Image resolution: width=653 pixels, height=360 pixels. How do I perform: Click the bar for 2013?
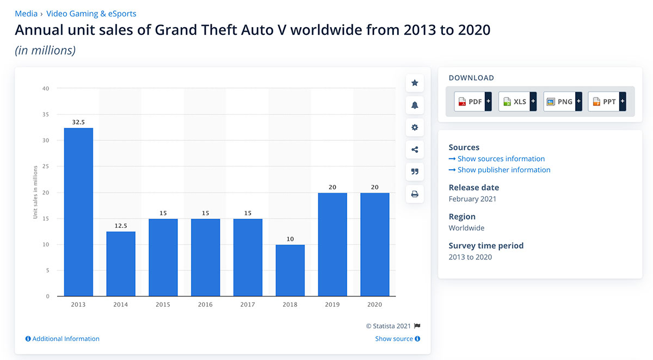pos(78,212)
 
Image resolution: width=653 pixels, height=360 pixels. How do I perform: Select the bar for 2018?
pos(290,270)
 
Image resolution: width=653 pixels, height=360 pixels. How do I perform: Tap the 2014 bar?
pos(121,264)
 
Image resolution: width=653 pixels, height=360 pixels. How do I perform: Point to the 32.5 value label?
pos(78,122)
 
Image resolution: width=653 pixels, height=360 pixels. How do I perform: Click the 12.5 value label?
pos(121,226)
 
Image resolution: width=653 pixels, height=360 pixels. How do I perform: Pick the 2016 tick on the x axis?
pos(205,305)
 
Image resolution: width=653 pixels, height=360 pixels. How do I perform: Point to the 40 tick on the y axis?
pos(46,89)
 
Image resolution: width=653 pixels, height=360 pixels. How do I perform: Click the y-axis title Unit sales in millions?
pos(35,193)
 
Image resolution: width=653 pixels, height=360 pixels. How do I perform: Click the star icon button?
pos(415,83)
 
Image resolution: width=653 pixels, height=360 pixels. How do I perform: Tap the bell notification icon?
pos(415,105)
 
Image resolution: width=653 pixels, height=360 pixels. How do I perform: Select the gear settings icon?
pos(415,127)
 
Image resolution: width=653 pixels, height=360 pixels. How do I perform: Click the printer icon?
pos(415,194)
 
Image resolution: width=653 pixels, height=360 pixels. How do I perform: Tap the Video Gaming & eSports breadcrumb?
pos(91,13)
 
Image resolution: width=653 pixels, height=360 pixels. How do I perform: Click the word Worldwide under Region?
pos(466,228)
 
